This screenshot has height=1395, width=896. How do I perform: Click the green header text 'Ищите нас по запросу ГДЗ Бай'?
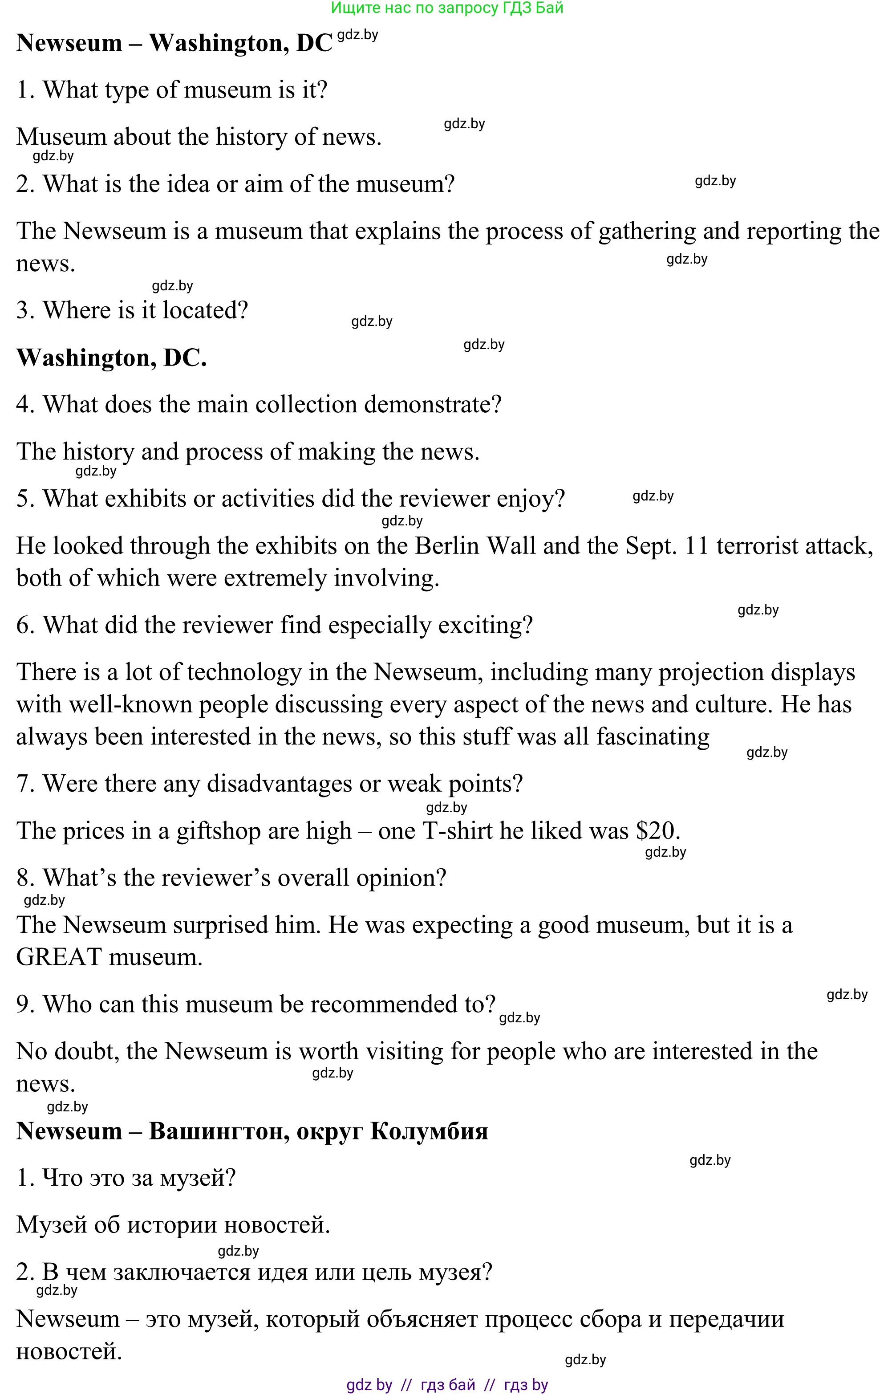tap(447, 8)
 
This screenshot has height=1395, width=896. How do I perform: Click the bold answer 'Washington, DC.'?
tap(111, 358)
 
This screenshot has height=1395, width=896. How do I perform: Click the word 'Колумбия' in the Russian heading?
tap(429, 1131)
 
